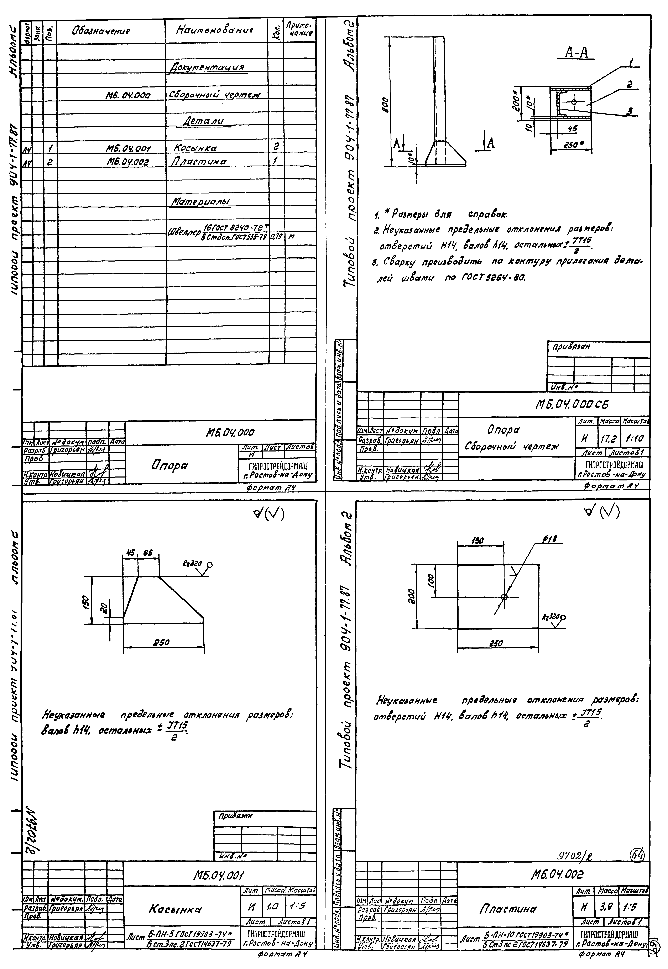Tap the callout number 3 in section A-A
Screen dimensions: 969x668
(629, 111)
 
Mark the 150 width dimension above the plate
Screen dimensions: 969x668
(477, 541)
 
